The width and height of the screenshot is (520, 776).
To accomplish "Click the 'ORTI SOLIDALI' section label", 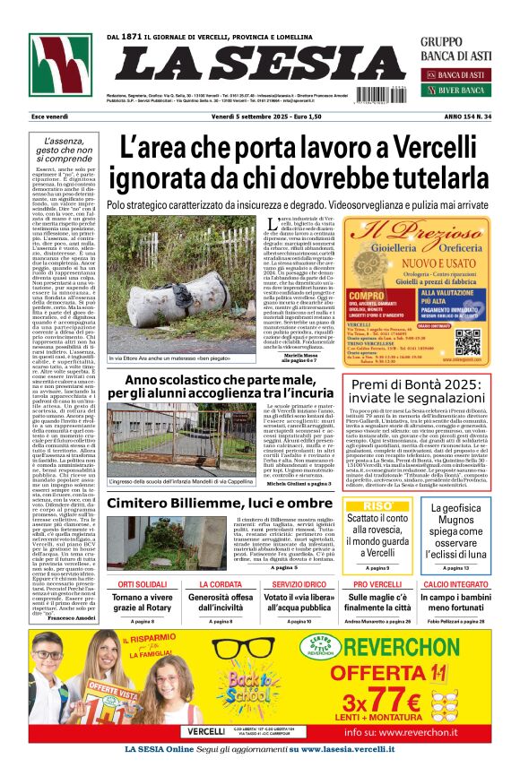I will click(143, 584).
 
